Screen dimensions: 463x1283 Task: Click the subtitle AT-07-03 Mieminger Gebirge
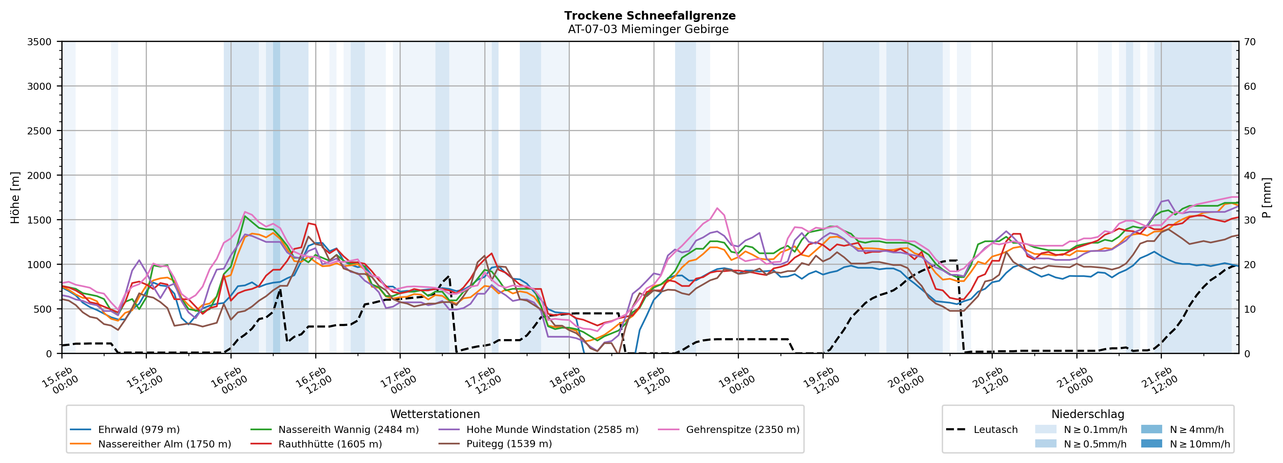pyautogui.click(x=648, y=29)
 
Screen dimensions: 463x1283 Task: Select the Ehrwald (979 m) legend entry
pyautogui.click(x=138, y=430)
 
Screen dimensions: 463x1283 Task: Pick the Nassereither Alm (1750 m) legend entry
pyautogui.click(x=164, y=444)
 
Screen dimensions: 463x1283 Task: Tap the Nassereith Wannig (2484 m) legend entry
pyautogui.click(x=348, y=430)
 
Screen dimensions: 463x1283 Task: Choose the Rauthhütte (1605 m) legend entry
pyautogui.click(x=330, y=444)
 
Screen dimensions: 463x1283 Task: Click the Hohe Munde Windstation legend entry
pyautogui.click(x=552, y=430)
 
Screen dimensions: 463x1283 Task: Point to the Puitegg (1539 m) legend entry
pyautogui.click(x=509, y=444)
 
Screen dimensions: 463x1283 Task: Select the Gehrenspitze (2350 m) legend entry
pyautogui.click(x=742, y=430)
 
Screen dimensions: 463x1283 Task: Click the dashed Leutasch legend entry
pyautogui.click(x=995, y=430)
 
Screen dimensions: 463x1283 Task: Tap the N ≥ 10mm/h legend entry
pyautogui.click(x=1199, y=444)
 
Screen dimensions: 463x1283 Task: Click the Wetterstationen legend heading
pyautogui.click(x=435, y=414)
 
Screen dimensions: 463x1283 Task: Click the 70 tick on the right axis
pyautogui.click(x=1250, y=42)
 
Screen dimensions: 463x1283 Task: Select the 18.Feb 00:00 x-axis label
pyautogui.click(x=568, y=380)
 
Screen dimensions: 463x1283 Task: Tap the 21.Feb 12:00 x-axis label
pyautogui.click(x=1159, y=380)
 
